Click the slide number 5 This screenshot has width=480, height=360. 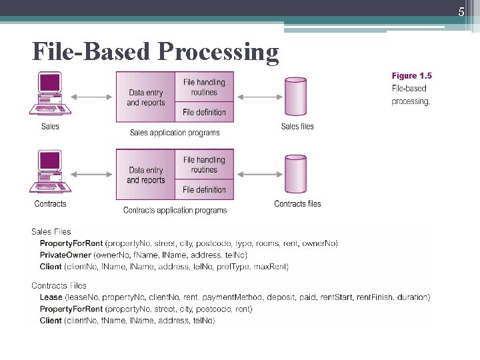point(461,11)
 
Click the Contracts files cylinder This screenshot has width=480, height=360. point(296,175)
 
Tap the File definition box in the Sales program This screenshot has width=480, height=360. point(204,112)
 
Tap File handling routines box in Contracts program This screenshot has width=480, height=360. point(204,165)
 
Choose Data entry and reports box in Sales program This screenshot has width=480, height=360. point(145,97)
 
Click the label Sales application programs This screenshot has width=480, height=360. point(175,133)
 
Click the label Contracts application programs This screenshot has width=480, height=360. point(175,210)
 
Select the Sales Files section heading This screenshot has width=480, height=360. point(51,232)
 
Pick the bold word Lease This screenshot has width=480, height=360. point(51,297)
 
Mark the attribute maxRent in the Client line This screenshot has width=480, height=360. point(272,267)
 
